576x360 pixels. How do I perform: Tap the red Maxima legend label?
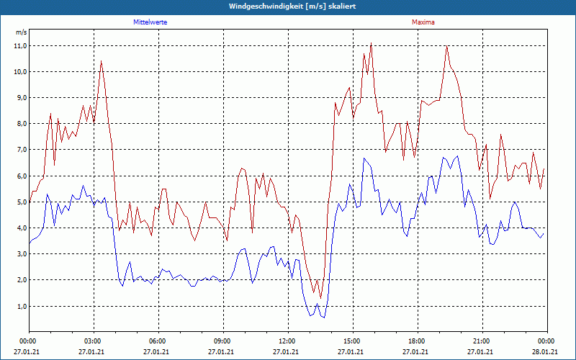(423, 22)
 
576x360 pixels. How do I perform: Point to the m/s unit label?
(21, 32)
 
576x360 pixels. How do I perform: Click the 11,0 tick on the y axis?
(21, 45)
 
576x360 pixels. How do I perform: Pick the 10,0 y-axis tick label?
(21, 71)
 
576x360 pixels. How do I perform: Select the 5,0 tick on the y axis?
(21, 202)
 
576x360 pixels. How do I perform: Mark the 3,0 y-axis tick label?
(21, 253)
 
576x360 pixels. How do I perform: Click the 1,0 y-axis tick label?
(21, 306)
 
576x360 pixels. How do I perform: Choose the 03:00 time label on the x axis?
(93, 341)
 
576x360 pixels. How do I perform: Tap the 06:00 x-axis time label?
(158, 341)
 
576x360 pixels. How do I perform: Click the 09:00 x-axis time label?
(222, 341)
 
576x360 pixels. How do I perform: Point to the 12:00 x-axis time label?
(287, 341)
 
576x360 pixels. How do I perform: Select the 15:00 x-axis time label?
(352, 341)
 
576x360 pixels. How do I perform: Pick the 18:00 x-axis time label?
(417, 341)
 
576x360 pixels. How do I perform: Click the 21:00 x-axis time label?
(482, 341)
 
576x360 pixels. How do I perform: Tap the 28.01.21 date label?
(545, 352)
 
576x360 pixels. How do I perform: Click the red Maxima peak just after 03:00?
(101, 61)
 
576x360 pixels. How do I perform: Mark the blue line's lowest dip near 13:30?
(324, 318)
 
